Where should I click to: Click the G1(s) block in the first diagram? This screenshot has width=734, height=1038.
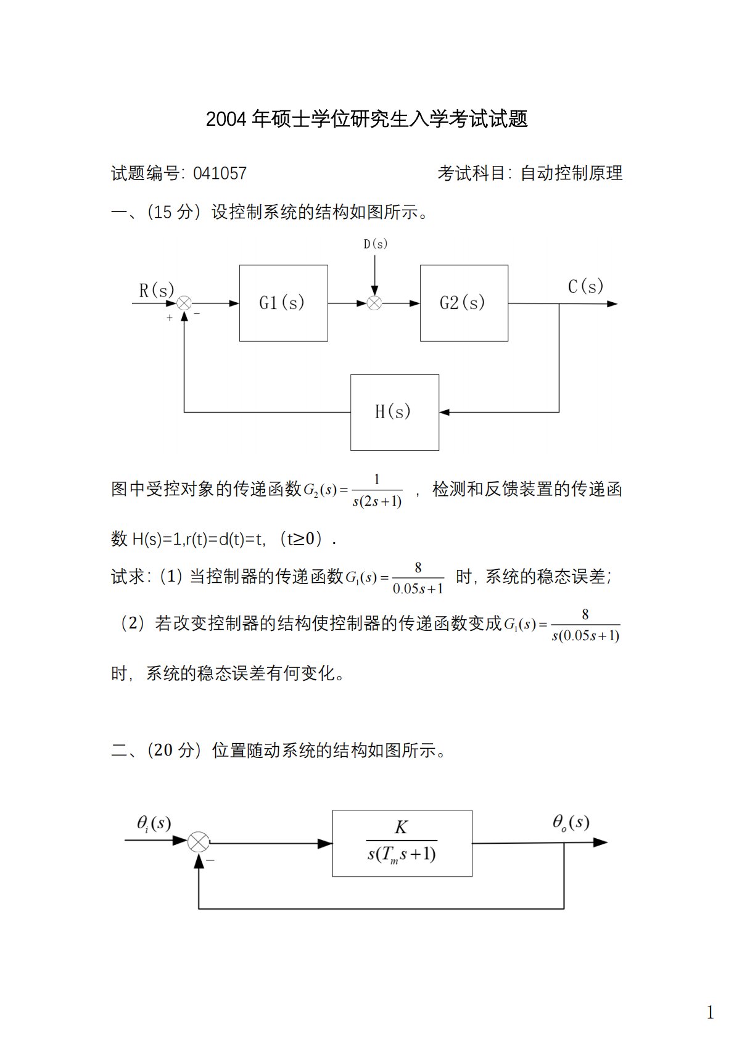(x=283, y=303)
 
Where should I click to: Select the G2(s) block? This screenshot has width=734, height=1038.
(x=464, y=303)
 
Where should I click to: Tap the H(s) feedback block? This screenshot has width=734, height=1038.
(x=395, y=412)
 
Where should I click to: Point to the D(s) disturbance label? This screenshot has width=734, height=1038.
(x=375, y=244)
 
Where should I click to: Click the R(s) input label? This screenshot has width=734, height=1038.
(x=157, y=290)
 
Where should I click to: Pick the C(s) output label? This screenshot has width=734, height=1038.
(x=585, y=287)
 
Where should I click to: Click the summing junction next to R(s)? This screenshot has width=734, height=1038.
(x=184, y=303)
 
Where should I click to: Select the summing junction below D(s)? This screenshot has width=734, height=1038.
(x=374, y=303)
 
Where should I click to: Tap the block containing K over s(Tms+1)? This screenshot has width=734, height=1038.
(x=402, y=842)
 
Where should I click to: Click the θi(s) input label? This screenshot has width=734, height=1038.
(x=154, y=823)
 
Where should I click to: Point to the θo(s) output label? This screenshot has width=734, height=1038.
(x=571, y=822)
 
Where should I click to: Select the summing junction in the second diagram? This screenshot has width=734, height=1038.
(x=199, y=842)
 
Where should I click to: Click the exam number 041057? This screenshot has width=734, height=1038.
(x=220, y=173)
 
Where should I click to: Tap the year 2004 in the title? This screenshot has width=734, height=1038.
(x=226, y=119)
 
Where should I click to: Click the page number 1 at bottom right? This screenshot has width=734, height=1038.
(x=710, y=1012)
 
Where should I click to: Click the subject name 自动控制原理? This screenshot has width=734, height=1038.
(x=571, y=173)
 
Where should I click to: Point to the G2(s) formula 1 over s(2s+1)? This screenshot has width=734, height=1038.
(x=377, y=491)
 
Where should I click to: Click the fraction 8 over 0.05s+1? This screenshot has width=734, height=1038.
(x=418, y=579)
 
